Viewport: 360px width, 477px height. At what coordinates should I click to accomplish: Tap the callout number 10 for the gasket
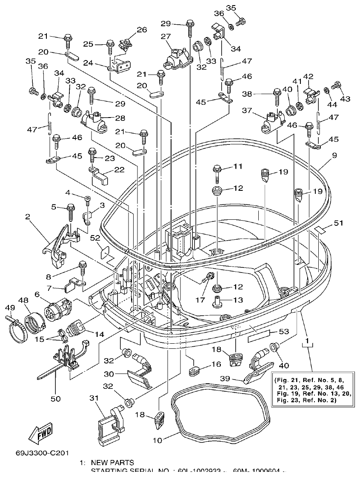coord(157,440)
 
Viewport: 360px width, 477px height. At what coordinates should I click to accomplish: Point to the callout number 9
coord(334,156)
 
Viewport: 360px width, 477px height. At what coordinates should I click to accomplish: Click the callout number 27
coord(166,37)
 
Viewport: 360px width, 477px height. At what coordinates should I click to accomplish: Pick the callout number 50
coord(56,399)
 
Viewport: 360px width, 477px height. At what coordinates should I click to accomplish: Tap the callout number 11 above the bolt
coord(237,166)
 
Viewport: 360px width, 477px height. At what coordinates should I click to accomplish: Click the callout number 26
coord(141,30)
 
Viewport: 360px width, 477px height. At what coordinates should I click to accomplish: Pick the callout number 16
coord(215,364)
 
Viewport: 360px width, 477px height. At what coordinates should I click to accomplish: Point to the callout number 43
coord(345,99)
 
